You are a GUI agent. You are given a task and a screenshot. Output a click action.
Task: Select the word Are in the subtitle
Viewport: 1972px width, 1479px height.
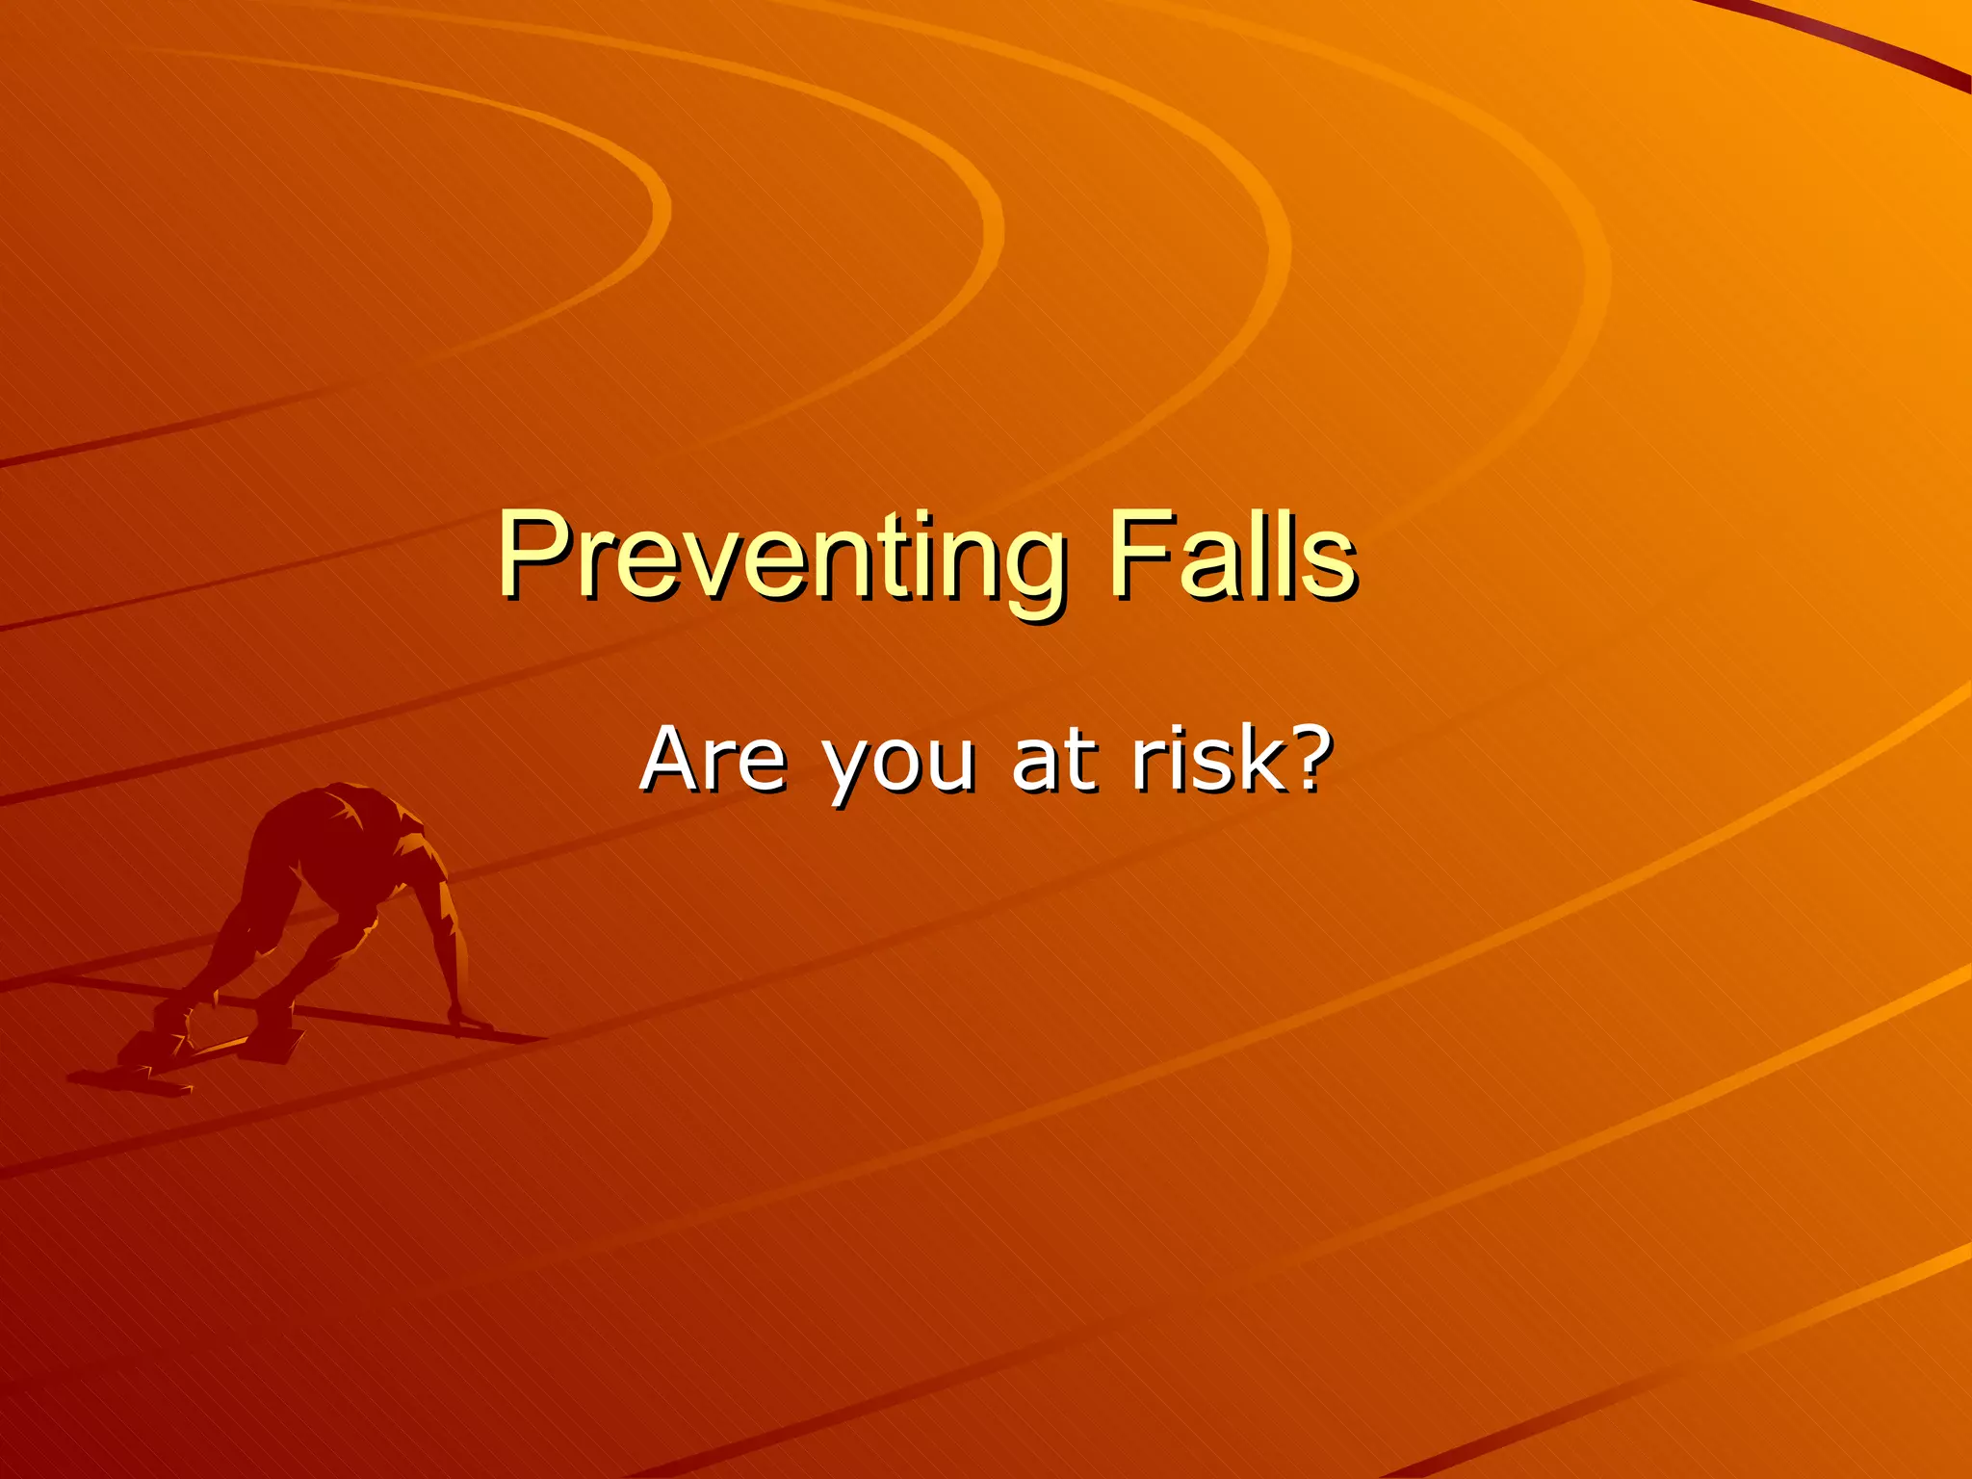coord(714,760)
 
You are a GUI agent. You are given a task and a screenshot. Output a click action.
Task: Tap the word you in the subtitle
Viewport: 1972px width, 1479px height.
coord(897,765)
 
